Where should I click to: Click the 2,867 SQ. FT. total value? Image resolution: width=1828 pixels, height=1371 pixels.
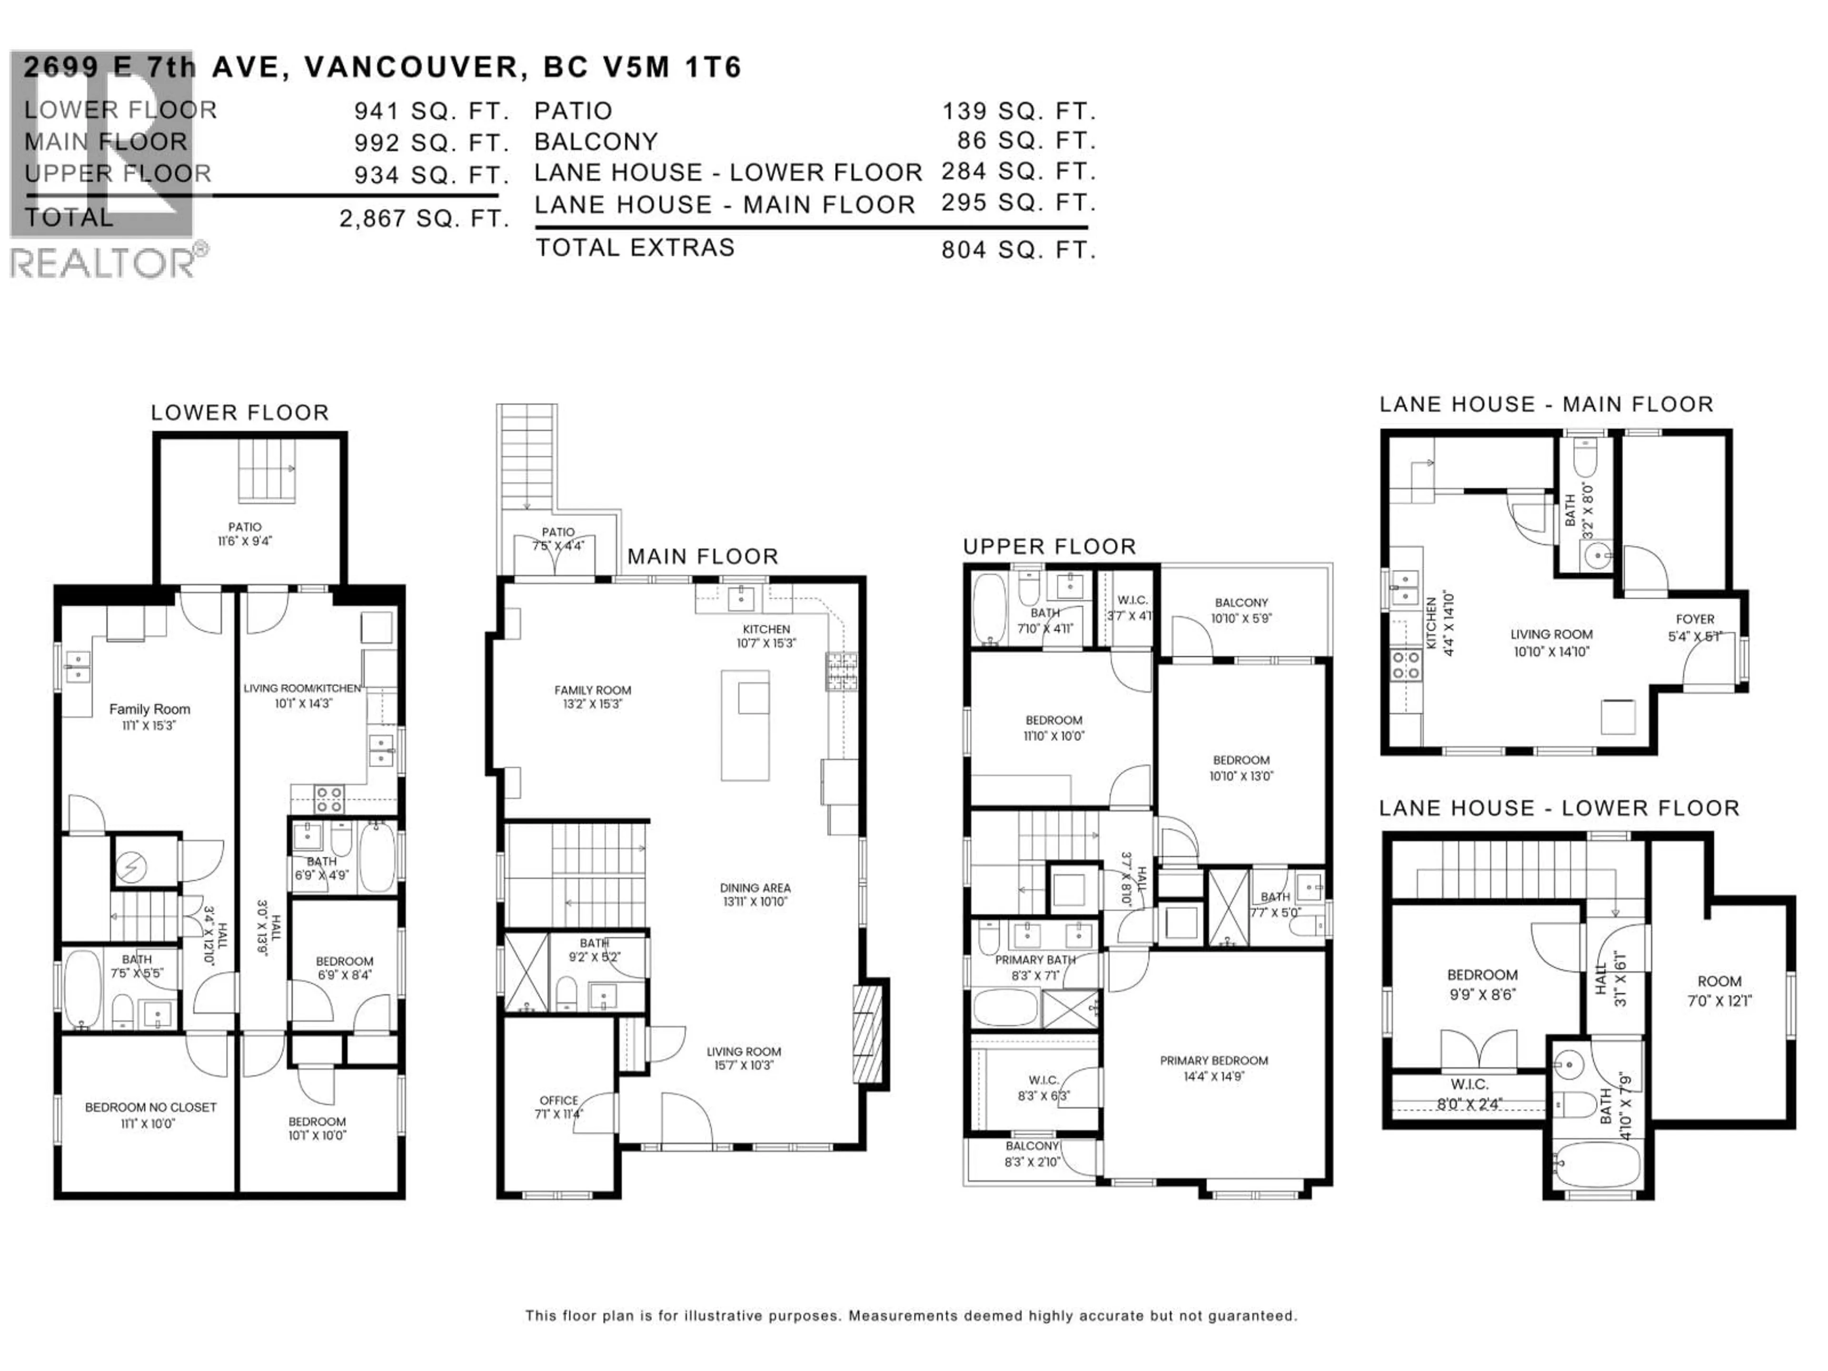[423, 219]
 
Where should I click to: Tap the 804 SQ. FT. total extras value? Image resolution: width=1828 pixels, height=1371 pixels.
[1018, 249]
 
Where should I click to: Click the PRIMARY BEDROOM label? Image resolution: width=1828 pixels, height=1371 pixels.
[1213, 1068]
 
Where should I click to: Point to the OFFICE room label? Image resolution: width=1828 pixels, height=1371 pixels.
[559, 1106]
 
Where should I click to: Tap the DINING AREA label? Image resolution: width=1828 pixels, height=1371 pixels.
[755, 894]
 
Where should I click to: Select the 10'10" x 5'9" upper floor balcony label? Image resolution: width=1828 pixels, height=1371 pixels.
[1241, 610]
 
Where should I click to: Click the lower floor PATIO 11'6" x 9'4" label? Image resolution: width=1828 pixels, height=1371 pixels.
[245, 534]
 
